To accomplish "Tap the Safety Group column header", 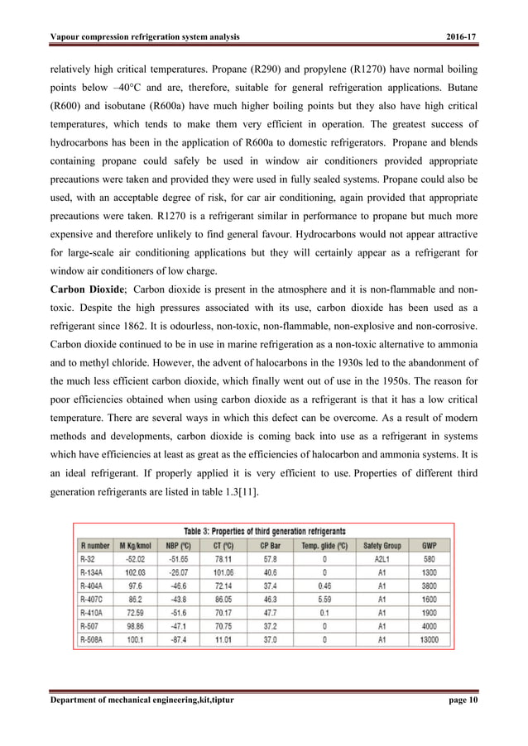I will pyautogui.click(x=382, y=545).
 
